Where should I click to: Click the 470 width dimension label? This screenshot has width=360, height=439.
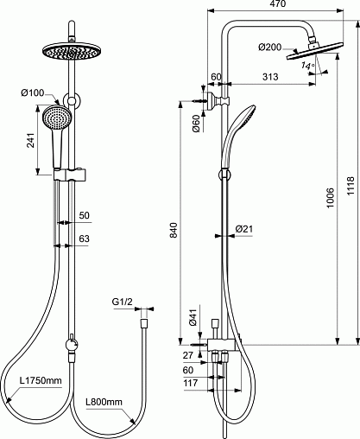click(x=278, y=3)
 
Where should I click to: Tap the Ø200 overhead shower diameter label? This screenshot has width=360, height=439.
click(x=269, y=47)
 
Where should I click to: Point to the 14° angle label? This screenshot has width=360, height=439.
click(x=307, y=66)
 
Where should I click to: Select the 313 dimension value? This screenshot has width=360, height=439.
click(x=270, y=77)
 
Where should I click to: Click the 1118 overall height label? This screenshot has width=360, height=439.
click(x=351, y=186)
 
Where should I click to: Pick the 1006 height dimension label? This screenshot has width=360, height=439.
click(x=330, y=198)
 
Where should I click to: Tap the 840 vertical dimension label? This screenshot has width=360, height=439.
click(x=174, y=230)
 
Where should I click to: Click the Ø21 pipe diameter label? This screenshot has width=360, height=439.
click(x=244, y=229)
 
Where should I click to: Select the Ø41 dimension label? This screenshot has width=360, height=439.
click(x=193, y=317)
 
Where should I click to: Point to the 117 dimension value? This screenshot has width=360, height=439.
click(x=191, y=383)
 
